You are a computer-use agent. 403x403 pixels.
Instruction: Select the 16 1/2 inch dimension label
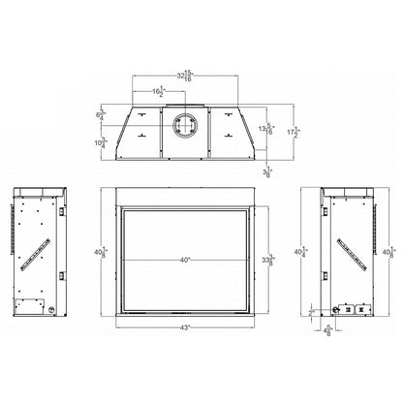click(x=158, y=92)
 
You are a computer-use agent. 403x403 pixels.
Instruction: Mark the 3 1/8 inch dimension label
click(x=267, y=172)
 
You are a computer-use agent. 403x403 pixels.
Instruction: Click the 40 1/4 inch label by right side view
click(x=310, y=255)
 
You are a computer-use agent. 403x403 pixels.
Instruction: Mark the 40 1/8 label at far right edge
click(x=391, y=254)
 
